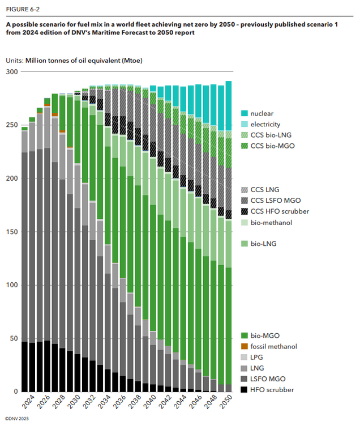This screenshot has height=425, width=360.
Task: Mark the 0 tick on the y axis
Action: [x=15, y=392]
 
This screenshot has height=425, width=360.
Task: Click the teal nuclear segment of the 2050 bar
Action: [x=228, y=105]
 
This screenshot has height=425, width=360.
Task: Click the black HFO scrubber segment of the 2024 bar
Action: [x=25, y=366]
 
